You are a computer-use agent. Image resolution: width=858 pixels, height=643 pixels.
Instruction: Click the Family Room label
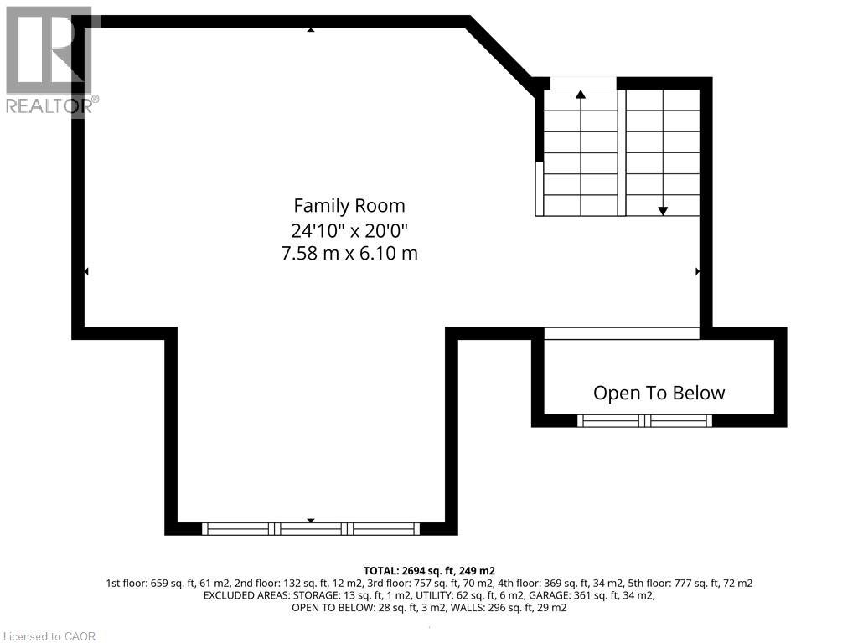click(x=349, y=205)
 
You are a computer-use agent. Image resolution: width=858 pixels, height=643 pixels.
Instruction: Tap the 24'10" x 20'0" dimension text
click(x=349, y=229)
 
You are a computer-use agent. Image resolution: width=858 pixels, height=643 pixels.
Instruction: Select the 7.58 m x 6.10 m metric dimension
click(x=349, y=252)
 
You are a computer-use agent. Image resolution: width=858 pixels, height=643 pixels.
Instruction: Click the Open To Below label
click(x=659, y=393)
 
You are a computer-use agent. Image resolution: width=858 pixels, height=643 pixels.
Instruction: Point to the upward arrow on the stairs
click(x=581, y=95)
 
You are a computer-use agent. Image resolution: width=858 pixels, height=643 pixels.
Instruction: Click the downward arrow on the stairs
click(x=663, y=211)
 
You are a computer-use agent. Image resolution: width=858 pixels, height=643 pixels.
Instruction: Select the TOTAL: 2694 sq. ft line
click(x=429, y=570)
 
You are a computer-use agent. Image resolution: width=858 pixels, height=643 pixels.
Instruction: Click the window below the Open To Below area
click(x=644, y=420)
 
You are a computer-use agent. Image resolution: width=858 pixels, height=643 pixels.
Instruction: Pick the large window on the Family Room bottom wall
click(x=311, y=528)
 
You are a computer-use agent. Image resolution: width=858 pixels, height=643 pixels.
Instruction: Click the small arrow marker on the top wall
click(x=311, y=29)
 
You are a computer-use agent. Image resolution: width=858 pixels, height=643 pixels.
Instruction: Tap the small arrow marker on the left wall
click(x=85, y=271)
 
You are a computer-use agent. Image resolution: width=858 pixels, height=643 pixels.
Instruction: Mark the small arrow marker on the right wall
click(x=698, y=271)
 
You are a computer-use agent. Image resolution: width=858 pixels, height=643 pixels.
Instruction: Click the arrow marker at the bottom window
click(x=311, y=521)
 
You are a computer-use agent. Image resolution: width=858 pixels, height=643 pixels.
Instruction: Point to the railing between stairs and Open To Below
click(x=622, y=333)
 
